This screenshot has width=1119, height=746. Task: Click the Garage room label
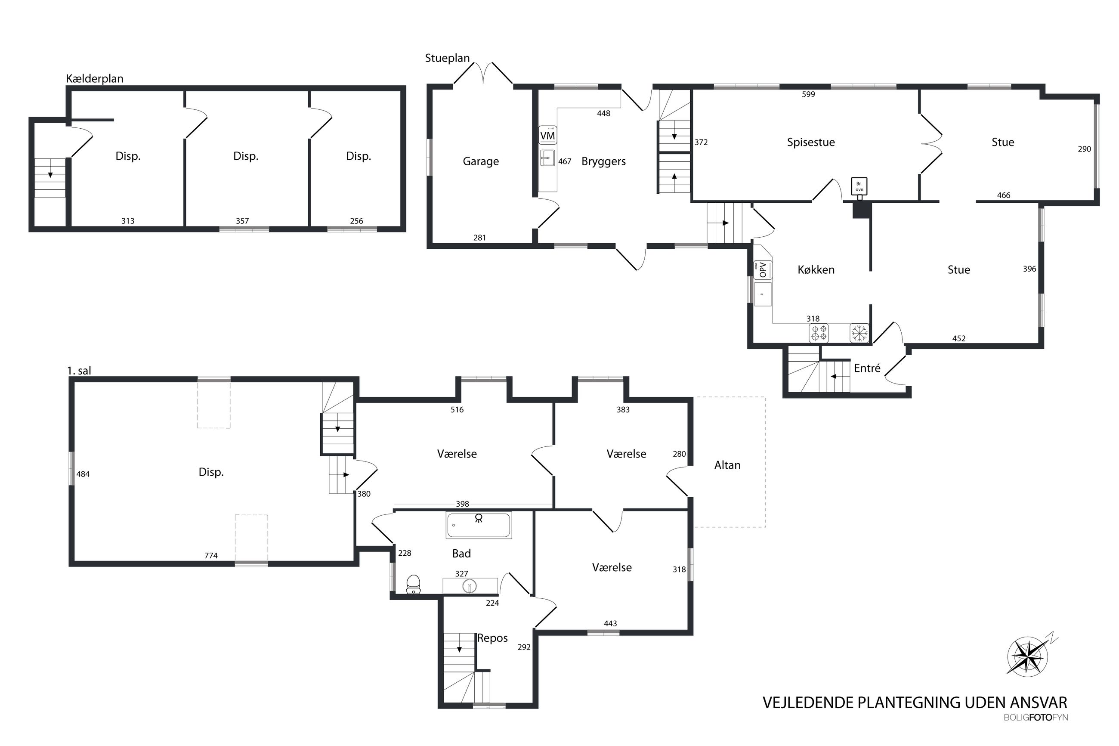click(481, 162)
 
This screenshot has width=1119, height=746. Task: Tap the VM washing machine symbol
click(547, 136)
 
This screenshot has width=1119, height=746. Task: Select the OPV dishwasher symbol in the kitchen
click(763, 270)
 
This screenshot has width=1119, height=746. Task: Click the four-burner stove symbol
click(819, 333)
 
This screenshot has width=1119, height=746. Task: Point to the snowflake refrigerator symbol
click(859, 333)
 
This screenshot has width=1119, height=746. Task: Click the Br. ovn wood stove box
click(859, 186)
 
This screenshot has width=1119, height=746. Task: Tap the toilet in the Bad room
click(413, 584)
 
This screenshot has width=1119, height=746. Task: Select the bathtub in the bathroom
click(479, 525)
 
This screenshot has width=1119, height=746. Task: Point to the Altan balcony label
click(727, 465)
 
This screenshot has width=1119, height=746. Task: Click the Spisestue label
click(811, 142)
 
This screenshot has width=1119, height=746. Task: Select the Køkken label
click(816, 270)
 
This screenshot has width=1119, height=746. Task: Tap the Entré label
click(867, 368)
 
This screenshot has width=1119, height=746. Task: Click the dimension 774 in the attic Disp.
click(211, 555)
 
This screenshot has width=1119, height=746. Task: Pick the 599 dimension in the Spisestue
click(808, 94)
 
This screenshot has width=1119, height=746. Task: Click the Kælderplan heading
click(95, 78)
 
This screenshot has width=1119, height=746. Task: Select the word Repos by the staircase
click(493, 638)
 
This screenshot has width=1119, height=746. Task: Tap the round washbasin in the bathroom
click(470, 586)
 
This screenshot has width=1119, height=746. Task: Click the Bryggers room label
click(603, 162)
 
